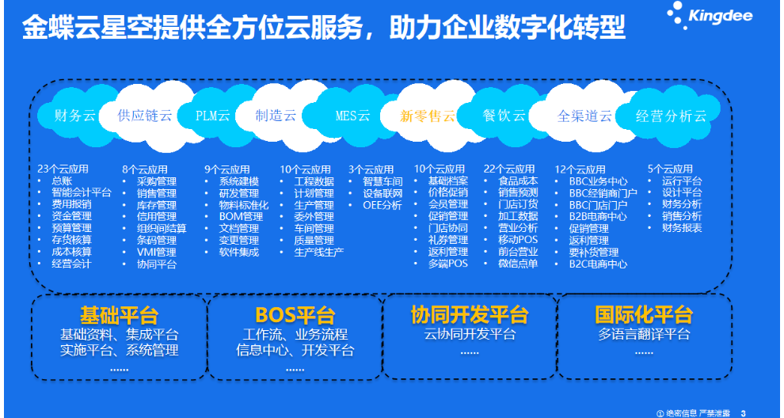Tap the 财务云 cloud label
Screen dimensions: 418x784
(x=74, y=116)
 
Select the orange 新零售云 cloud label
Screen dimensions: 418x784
(x=428, y=116)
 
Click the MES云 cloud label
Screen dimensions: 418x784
(x=352, y=116)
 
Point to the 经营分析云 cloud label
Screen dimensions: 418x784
(x=672, y=116)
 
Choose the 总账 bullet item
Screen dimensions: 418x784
(x=62, y=180)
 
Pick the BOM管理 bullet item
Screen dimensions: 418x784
(x=241, y=216)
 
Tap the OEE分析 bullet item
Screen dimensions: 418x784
(x=382, y=204)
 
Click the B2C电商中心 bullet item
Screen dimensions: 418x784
(x=598, y=264)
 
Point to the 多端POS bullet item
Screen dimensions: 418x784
(x=447, y=264)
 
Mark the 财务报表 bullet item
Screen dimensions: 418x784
(x=682, y=228)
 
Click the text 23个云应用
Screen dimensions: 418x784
(x=63, y=169)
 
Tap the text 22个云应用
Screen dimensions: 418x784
(x=509, y=169)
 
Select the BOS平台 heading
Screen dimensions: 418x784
(x=295, y=314)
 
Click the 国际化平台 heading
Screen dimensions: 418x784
(x=644, y=314)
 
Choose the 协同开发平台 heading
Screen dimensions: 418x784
(x=470, y=314)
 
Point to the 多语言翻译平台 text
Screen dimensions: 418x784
(x=644, y=334)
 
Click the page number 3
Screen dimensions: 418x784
(x=743, y=413)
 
